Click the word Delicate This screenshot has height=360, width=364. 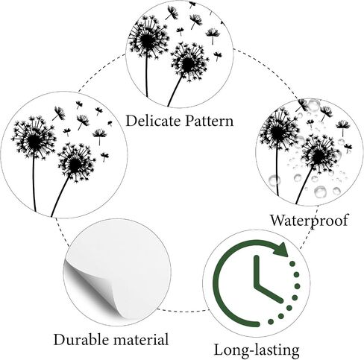pos(153,121)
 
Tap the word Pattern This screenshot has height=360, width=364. pos(210,121)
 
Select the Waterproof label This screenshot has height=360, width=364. pos(309,220)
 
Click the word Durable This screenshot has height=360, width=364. pos(81,339)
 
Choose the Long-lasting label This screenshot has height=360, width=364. pos(257,350)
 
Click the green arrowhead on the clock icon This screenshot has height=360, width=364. pos(281,249)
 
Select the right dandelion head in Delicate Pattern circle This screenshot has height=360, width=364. pos(189,62)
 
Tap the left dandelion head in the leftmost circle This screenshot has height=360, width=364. pos(34,138)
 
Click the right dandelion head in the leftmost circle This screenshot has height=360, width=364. pos(75,162)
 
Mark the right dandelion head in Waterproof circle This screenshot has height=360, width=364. pos(320,154)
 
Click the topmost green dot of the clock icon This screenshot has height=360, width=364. pos(292,263)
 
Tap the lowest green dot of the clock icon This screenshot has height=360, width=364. pos(271,322)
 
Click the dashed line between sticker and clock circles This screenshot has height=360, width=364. pos(183,311)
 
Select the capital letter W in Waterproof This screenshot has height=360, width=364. pos(277,220)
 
